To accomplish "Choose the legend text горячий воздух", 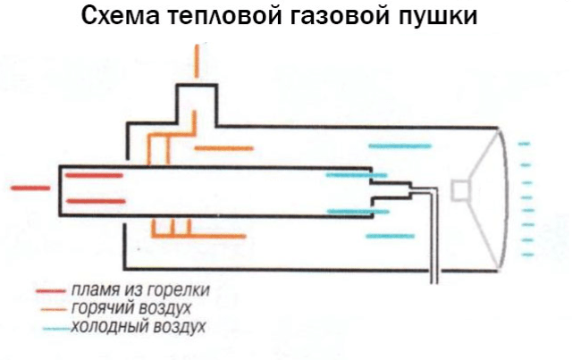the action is pyautogui.click(x=133, y=308).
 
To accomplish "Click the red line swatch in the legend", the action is pyautogui.click(x=51, y=291).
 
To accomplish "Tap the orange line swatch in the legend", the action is pyautogui.click(x=51, y=309).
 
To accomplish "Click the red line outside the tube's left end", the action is pyautogui.click(x=29, y=188).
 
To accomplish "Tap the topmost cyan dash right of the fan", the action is pyautogui.click(x=524, y=142).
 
